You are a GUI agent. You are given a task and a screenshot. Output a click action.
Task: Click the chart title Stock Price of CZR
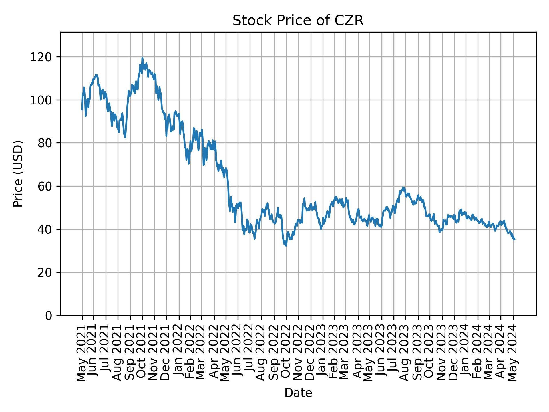pos(298,21)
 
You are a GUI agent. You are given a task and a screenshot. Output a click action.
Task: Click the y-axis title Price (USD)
pos(18,174)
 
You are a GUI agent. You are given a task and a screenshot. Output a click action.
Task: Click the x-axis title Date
pos(298,393)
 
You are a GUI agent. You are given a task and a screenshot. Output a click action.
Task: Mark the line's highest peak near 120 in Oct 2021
pos(142,58)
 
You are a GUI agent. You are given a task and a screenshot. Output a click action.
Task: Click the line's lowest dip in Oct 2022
pos(286,245)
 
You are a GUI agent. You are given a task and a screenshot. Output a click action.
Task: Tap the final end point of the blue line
pos(514,239)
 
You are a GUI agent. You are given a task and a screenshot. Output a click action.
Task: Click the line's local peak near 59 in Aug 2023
pos(403,187)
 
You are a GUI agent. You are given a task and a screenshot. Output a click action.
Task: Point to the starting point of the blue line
pos(82,110)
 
